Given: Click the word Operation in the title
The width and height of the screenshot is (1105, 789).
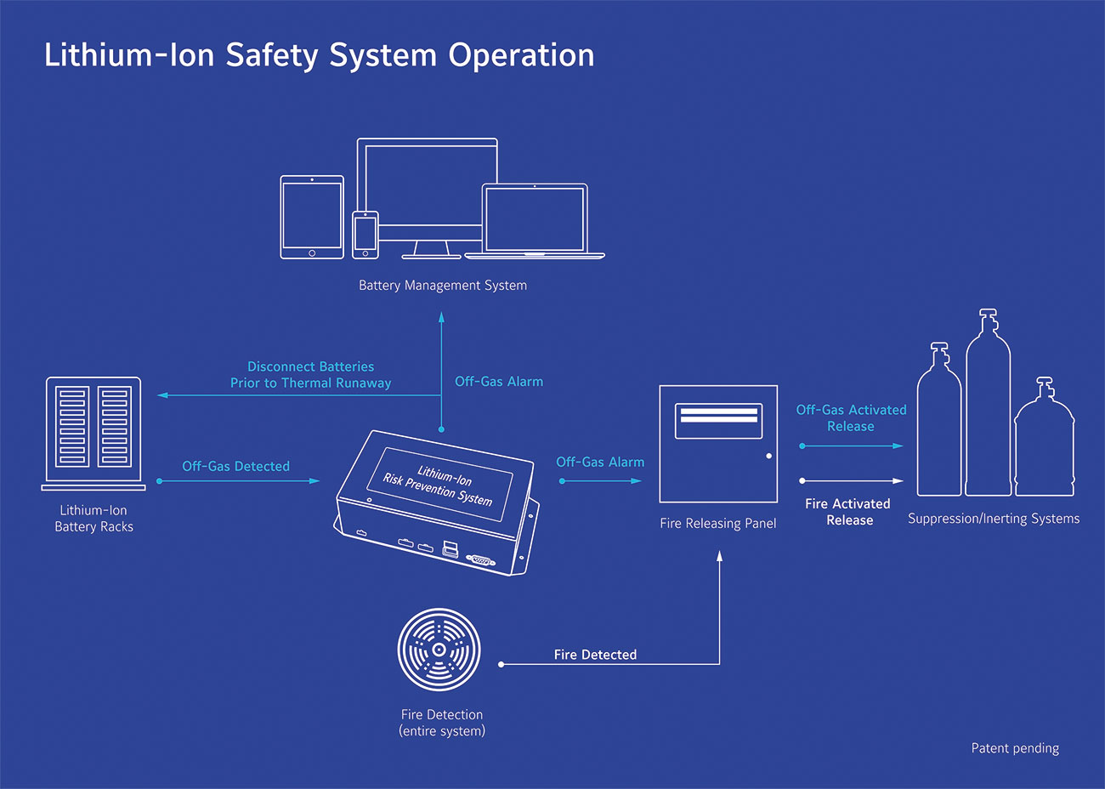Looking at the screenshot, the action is click(x=521, y=56).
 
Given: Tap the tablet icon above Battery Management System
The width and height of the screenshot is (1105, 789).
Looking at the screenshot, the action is click(x=312, y=217).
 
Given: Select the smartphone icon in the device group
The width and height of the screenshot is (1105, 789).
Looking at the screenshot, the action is click(x=365, y=235).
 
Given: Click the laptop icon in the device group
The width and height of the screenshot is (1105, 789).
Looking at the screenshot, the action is click(x=535, y=221).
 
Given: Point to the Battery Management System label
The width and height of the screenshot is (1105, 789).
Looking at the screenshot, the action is click(x=443, y=285).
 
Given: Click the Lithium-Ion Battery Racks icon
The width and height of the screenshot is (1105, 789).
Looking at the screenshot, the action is click(x=93, y=434).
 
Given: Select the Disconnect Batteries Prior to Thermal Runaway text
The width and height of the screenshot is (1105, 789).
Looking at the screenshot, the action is click(x=311, y=374).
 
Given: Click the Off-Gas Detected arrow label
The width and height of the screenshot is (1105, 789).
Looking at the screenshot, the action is click(x=235, y=466).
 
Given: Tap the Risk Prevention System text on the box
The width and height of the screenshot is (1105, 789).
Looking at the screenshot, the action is click(x=438, y=489).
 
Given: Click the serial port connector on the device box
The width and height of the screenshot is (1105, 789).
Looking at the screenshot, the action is click(x=480, y=560).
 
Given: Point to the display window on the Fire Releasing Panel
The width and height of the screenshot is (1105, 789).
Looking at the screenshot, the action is click(x=718, y=421).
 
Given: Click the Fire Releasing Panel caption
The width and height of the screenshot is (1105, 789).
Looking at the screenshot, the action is click(x=717, y=523).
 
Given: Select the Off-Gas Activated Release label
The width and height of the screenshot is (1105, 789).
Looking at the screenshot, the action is click(x=851, y=418).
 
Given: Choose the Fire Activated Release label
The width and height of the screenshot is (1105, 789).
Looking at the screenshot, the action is click(x=848, y=512).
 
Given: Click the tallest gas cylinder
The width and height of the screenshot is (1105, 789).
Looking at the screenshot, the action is click(x=988, y=402).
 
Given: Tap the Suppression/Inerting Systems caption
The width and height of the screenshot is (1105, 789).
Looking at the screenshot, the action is click(x=994, y=519).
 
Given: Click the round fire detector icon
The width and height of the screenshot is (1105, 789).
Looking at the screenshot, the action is click(x=439, y=650).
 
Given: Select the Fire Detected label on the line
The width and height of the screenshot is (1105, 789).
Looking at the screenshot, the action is click(x=595, y=655).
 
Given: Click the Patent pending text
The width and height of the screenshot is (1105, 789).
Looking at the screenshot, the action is click(x=1015, y=748).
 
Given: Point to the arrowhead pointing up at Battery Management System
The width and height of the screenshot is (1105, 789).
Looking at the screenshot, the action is click(x=441, y=317).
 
